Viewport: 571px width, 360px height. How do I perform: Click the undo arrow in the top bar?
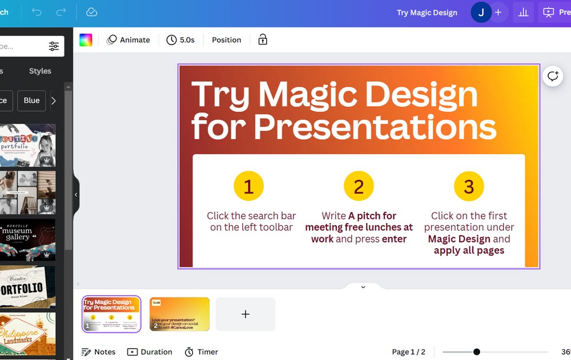point(37,12)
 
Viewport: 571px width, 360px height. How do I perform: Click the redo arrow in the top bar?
point(61,12)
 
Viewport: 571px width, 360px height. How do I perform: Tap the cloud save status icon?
point(91,12)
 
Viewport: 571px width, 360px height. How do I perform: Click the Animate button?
point(128,40)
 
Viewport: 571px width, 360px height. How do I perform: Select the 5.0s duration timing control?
point(180,40)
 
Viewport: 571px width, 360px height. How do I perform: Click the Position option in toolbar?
point(226,40)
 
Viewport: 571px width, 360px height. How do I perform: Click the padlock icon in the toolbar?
point(263,40)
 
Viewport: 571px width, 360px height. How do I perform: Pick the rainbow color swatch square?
point(86,40)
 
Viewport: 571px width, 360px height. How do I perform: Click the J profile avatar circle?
point(481,13)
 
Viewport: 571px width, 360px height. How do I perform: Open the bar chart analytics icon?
point(523,13)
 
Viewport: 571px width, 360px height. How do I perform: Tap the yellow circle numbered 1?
point(248,187)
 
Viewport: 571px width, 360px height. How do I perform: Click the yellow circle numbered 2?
point(359,187)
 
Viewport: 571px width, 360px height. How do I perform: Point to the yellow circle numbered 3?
point(469,187)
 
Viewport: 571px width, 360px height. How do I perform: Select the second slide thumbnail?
point(179,314)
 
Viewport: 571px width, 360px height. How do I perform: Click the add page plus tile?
point(246,314)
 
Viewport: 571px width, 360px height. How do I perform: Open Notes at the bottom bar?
point(98,352)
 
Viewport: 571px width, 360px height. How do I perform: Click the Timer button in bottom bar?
point(201,352)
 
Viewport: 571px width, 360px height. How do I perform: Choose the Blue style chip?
point(31,100)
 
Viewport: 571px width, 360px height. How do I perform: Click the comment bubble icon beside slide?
point(553,76)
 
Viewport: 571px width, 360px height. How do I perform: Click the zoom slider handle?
point(477,352)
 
